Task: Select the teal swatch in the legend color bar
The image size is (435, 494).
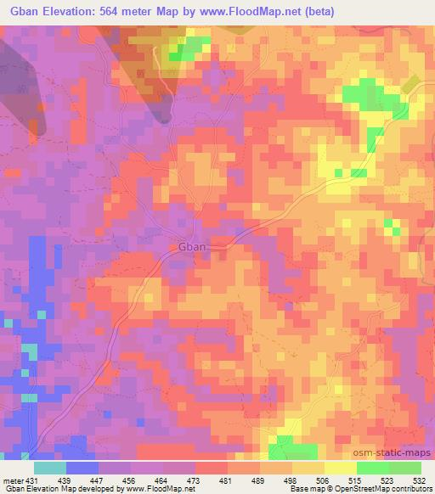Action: (x=50, y=468)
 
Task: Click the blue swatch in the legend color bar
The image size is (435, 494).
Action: (x=82, y=468)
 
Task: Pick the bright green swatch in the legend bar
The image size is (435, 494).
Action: (x=373, y=468)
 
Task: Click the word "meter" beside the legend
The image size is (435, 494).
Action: (x=13, y=480)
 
